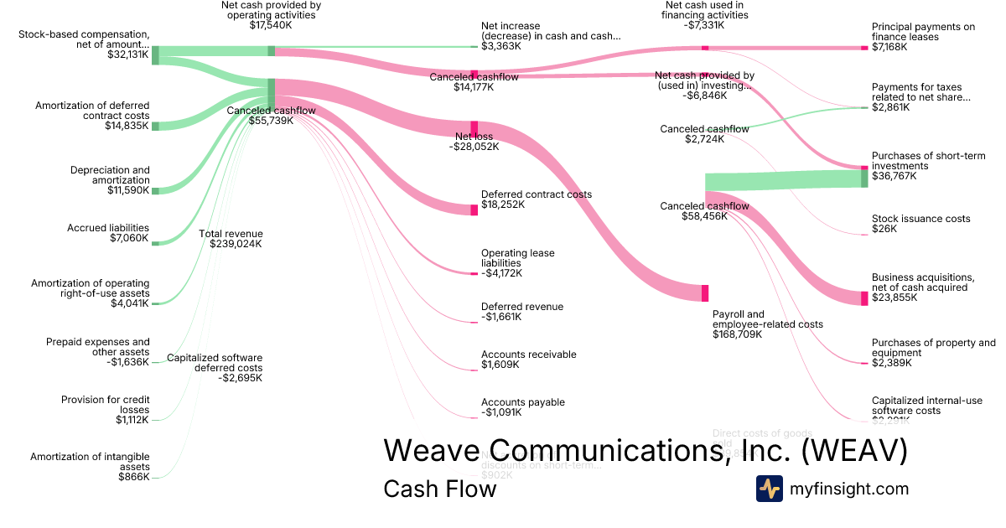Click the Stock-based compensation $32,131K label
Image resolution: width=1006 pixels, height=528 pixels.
click(84, 45)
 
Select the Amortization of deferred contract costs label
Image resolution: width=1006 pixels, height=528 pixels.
click(92, 116)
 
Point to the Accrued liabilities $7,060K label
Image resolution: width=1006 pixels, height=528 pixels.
click(108, 233)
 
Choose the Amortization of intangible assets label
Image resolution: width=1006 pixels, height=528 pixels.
click(90, 467)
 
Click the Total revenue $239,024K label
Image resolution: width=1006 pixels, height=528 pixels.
click(231, 240)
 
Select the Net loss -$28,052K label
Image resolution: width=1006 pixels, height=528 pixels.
click(474, 141)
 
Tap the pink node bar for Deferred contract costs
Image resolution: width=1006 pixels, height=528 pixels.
click(474, 210)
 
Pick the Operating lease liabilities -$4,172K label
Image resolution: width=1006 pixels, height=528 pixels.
click(517, 262)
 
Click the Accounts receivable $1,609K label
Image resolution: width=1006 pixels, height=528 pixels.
click(528, 360)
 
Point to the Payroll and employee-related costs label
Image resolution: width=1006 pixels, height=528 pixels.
click(767, 324)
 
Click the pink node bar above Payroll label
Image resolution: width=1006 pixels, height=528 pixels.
click(705, 292)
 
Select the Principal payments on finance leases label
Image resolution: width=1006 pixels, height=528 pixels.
click(923, 37)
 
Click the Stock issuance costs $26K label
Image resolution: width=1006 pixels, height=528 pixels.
click(920, 223)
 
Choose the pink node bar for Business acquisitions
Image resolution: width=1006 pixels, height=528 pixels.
click(864, 298)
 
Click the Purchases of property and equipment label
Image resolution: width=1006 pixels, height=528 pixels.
click(933, 353)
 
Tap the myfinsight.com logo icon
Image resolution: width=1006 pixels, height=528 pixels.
click(769, 489)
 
